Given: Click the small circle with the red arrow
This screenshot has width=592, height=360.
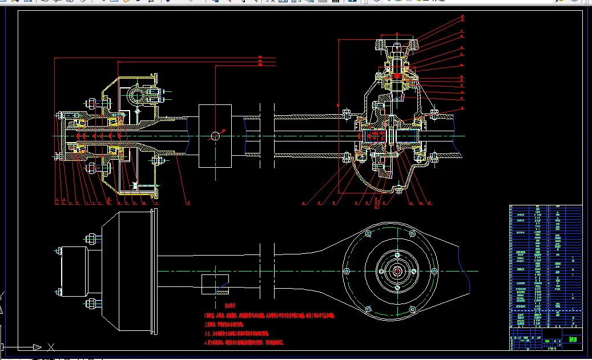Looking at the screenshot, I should point(215,135).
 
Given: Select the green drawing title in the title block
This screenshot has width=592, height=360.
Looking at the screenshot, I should point(573,339).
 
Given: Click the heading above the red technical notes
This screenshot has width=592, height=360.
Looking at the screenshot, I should point(230,306).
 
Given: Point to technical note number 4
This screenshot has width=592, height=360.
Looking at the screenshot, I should point(244,343).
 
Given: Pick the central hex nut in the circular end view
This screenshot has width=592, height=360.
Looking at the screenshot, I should point(397,271).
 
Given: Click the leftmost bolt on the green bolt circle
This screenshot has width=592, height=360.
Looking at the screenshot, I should point(346,272).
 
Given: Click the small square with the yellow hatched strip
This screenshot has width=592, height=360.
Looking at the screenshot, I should point(215,284).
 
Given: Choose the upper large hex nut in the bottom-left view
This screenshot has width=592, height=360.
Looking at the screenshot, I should point(90,238).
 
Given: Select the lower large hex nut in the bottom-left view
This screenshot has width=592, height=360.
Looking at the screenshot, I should point(90,304).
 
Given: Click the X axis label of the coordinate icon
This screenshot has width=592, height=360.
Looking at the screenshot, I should point(51,346).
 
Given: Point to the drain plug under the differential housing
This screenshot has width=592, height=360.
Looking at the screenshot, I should point(398,189).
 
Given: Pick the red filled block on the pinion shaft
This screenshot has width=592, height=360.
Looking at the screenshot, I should point(396,76).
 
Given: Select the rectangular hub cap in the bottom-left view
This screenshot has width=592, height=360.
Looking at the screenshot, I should point(75,271).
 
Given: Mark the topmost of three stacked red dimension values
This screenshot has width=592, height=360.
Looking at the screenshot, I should point(260,58).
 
